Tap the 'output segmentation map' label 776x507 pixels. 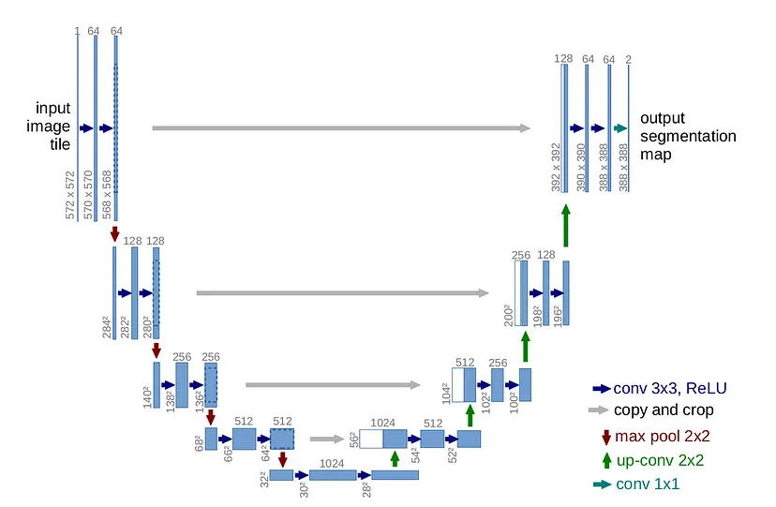pos(688,136)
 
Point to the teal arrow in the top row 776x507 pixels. pos(619,128)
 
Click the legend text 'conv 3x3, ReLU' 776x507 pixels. pos(670,388)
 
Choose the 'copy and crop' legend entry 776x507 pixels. pos(664,410)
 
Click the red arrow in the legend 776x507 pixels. pos(605,436)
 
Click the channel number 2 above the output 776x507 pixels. pos(628,59)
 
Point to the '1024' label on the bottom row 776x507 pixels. pos(333,462)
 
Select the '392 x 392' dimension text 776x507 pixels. pos(556,168)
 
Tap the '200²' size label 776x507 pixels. pos(508,314)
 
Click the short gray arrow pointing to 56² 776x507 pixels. pos(326,438)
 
